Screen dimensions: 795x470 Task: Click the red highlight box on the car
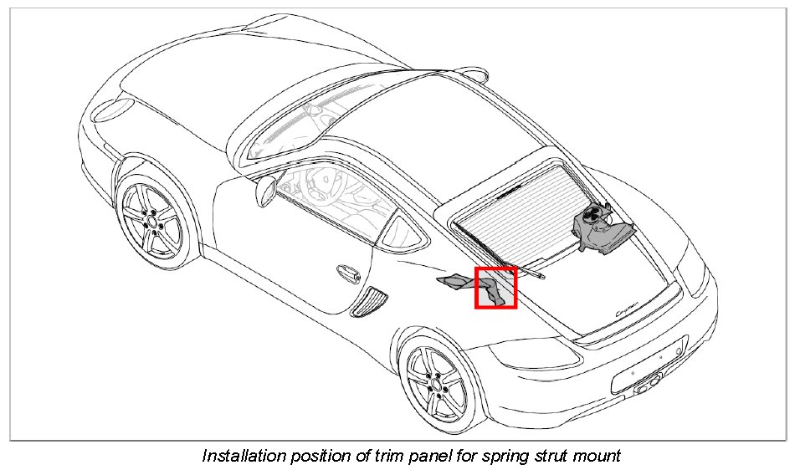(496, 288)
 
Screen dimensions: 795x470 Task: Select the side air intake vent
(369, 302)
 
